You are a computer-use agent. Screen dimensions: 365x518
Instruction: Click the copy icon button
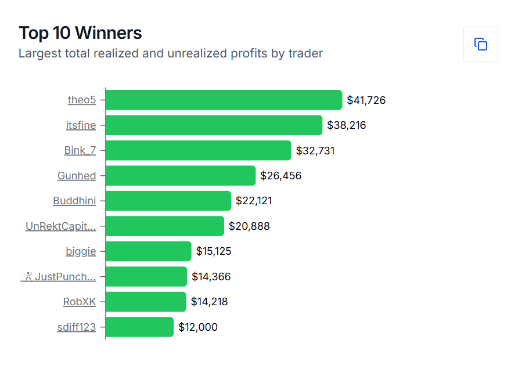tap(480, 44)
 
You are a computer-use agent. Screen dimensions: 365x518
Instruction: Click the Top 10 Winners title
tap(80, 32)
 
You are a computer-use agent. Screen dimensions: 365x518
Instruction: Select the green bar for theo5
tap(224, 100)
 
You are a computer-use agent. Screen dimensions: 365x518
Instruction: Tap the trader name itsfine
tap(81, 125)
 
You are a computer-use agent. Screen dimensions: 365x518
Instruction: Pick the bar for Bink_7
tap(198, 150)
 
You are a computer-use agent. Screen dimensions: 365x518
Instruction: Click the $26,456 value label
tap(280, 175)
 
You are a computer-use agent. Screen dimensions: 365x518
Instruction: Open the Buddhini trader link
tap(74, 201)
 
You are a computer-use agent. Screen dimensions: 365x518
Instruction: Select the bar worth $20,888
tap(164, 226)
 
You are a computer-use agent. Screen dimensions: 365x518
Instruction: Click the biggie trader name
tap(81, 251)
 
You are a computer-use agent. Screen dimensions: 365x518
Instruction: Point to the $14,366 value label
tap(211, 277)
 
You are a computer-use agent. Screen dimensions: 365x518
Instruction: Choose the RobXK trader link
tap(80, 302)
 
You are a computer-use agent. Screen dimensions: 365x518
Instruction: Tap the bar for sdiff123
tap(139, 327)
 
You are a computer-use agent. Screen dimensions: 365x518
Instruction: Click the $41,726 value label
tap(366, 100)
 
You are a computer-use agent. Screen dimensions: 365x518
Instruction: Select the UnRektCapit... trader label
tap(60, 226)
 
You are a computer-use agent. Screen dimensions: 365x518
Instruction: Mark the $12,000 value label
tap(197, 327)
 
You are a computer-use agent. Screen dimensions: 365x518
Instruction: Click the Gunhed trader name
tap(77, 176)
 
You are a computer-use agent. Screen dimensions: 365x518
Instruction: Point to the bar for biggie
tap(148, 251)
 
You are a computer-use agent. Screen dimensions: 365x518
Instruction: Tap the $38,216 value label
tap(346, 125)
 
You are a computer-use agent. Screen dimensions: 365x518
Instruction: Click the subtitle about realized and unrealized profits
tap(171, 53)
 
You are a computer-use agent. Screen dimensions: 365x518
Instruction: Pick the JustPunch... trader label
tap(59, 277)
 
